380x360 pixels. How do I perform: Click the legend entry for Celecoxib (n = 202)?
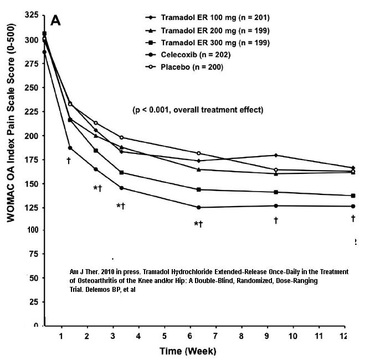pyautogui.click(x=188, y=55)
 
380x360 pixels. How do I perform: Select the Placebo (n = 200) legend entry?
pyautogui.click(x=184, y=67)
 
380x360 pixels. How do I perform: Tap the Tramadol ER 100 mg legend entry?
pyautogui.click(x=207, y=18)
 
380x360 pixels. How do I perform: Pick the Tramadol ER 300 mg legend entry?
pyautogui.click(x=207, y=43)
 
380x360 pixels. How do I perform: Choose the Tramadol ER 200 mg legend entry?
pyautogui.click(x=207, y=30)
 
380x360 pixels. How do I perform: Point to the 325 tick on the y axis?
pyautogui.click(x=32, y=15)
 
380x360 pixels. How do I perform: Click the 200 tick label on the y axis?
pyautogui.click(x=32, y=136)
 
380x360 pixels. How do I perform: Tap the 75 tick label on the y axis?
pyautogui.click(x=33, y=254)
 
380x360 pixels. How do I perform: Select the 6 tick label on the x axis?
pyautogui.click(x=190, y=336)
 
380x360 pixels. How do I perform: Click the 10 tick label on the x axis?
pyautogui.click(x=293, y=336)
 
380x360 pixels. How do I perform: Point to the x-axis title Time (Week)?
pyautogui.click(x=188, y=351)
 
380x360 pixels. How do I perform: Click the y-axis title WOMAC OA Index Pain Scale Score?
pyautogui.click(x=11, y=122)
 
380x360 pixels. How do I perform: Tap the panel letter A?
pyautogui.click(x=55, y=20)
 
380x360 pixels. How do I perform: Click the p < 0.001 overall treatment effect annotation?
pyautogui.click(x=198, y=110)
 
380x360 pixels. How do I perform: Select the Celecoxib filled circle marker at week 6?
pyautogui.click(x=199, y=207)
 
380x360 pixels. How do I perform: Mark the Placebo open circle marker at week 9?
pyautogui.click(x=276, y=170)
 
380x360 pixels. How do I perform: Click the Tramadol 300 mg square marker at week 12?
pyautogui.click(x=353, y=196)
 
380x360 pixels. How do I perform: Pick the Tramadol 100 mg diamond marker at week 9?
pyautogui.click(x=276, y=155)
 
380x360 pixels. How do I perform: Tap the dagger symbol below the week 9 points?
pyautogui.click(x=276, y=220)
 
